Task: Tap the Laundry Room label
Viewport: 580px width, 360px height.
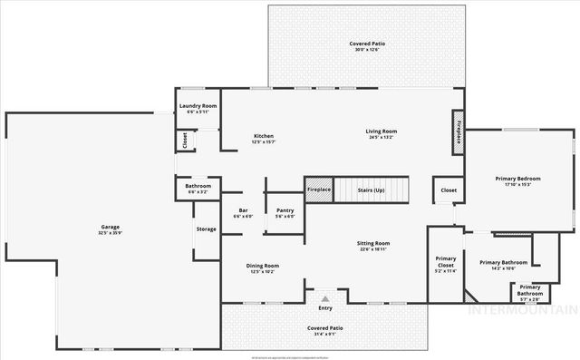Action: click(198, 106)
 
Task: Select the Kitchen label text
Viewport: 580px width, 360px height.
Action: click(263, 136)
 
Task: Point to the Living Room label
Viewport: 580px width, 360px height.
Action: click(381, 131)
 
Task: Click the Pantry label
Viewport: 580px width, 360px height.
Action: click(285, 210)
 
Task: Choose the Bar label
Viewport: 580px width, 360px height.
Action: click(243, 210)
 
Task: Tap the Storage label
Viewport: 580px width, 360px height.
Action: click(207, 229)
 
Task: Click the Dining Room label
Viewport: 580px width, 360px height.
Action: click(263, 266)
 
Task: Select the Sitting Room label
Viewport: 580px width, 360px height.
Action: click(374, 244)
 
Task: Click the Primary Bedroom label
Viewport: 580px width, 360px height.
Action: click(518, 179)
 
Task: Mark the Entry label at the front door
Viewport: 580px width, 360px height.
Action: click(324, 308)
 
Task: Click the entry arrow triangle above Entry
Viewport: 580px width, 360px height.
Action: click(324, 297)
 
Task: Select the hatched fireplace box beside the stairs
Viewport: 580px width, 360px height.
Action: click(319, 190)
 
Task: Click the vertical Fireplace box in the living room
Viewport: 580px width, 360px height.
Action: click(459, 131)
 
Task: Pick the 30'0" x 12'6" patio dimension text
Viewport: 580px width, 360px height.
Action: click(363, 51)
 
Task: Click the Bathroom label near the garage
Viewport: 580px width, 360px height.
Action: click(198, 187)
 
